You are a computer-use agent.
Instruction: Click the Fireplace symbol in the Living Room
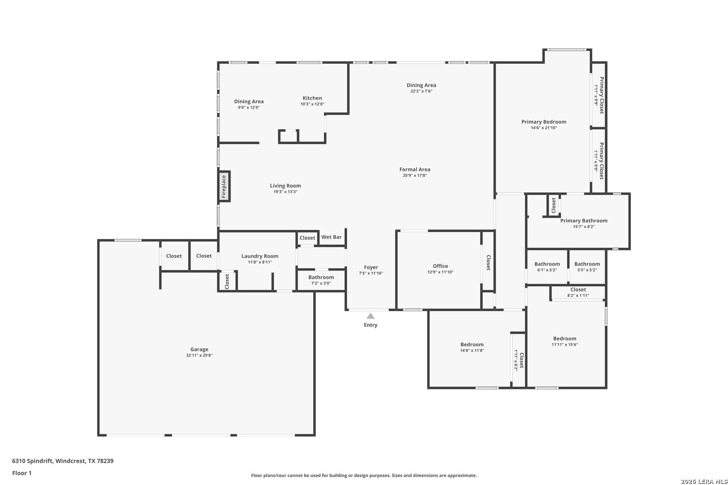click(x=224, y=186)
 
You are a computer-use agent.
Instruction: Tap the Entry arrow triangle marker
click(x=370, y=316)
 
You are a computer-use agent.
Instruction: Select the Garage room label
click(x=199, y=349)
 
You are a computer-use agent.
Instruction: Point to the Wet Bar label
click(x=331, y=237)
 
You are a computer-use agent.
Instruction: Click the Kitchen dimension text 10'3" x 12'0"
click(x=312, y=104)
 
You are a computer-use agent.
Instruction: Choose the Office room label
click(x=440, y=266)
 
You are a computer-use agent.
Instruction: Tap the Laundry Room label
click(x=260, y=256)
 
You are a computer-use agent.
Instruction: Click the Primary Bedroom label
click(x=544, y=122)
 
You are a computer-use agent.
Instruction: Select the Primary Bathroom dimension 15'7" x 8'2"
click(x=584, y=227)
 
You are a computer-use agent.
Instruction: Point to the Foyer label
click(x=371, y=267)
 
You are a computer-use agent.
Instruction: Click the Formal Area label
click(x=415, y=169)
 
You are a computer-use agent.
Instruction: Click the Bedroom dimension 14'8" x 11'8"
click(x=472, y=351)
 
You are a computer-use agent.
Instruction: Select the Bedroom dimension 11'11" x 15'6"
click(x=564, y=345)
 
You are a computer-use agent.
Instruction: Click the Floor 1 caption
click(x=22, y=473)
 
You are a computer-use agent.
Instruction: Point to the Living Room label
click(x=285, y=186)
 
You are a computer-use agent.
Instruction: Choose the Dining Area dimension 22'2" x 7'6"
click(x=421, y=91)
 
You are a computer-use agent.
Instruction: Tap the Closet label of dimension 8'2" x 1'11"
click(x=578, y=290)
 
